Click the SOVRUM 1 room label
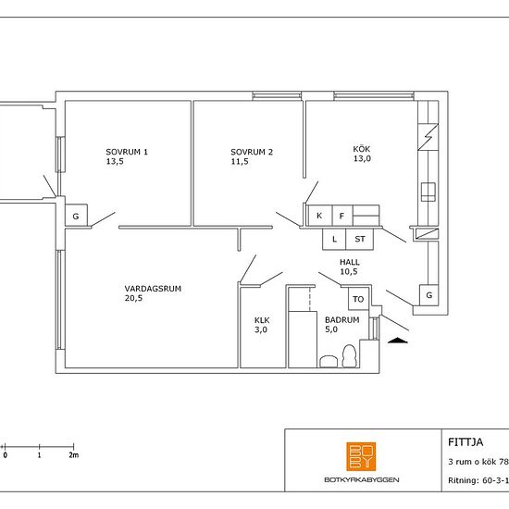[127, 152]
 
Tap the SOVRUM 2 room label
[252, 152]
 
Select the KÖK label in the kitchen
[362, 149]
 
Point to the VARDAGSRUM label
[153, 289]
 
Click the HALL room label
[350, 262]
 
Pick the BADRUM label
[342, 320]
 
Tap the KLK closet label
[262, 320]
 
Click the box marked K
[319, 216]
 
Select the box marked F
[342, 216]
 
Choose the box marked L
[334, 240]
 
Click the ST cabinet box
[360, 240]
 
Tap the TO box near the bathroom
[358, 299]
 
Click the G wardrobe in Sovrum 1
[76, 216]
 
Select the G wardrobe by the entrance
[428, 295]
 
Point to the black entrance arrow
[398, 341]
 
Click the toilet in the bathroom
[350, 355]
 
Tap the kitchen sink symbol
[428, 192]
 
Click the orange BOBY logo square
[361, 456]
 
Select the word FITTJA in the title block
[466, 442]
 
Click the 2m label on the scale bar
[74, 455]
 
